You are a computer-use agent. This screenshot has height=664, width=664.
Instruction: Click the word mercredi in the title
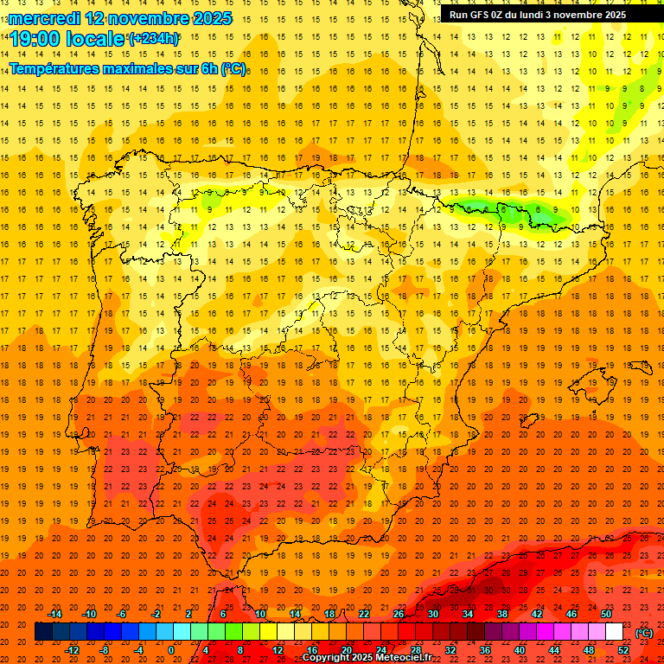43,17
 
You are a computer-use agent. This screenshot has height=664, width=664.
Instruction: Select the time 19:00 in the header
36,38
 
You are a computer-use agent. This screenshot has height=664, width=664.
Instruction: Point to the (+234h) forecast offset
154,38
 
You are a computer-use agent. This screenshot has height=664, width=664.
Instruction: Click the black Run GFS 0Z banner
538,15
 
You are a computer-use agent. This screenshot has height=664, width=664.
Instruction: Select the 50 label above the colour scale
606,614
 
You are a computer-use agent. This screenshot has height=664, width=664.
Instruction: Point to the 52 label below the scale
623,649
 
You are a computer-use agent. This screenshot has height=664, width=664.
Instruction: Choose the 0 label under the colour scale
172,649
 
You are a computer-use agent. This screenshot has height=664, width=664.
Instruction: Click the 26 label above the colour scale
399,614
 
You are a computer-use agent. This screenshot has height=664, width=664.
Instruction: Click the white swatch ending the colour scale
614,632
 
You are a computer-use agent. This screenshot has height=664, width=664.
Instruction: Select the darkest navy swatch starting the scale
43,632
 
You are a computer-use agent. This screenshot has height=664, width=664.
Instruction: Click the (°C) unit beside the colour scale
644,633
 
